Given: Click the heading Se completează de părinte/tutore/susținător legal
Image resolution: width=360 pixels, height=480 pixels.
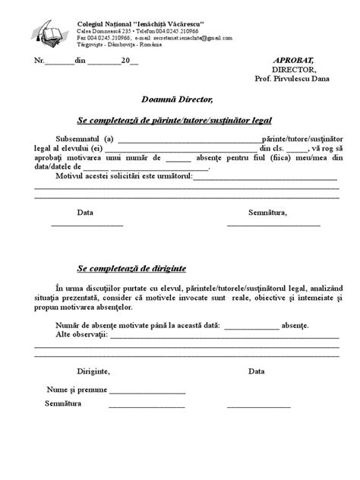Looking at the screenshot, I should [175, 120].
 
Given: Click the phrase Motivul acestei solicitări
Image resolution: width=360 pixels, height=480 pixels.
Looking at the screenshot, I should [105, 176].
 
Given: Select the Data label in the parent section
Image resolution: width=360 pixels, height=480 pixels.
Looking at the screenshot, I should [86, 213].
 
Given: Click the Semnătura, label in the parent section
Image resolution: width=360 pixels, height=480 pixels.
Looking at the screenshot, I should [267, 213].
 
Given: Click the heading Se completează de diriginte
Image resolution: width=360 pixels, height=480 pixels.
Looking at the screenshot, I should [131, 269].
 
